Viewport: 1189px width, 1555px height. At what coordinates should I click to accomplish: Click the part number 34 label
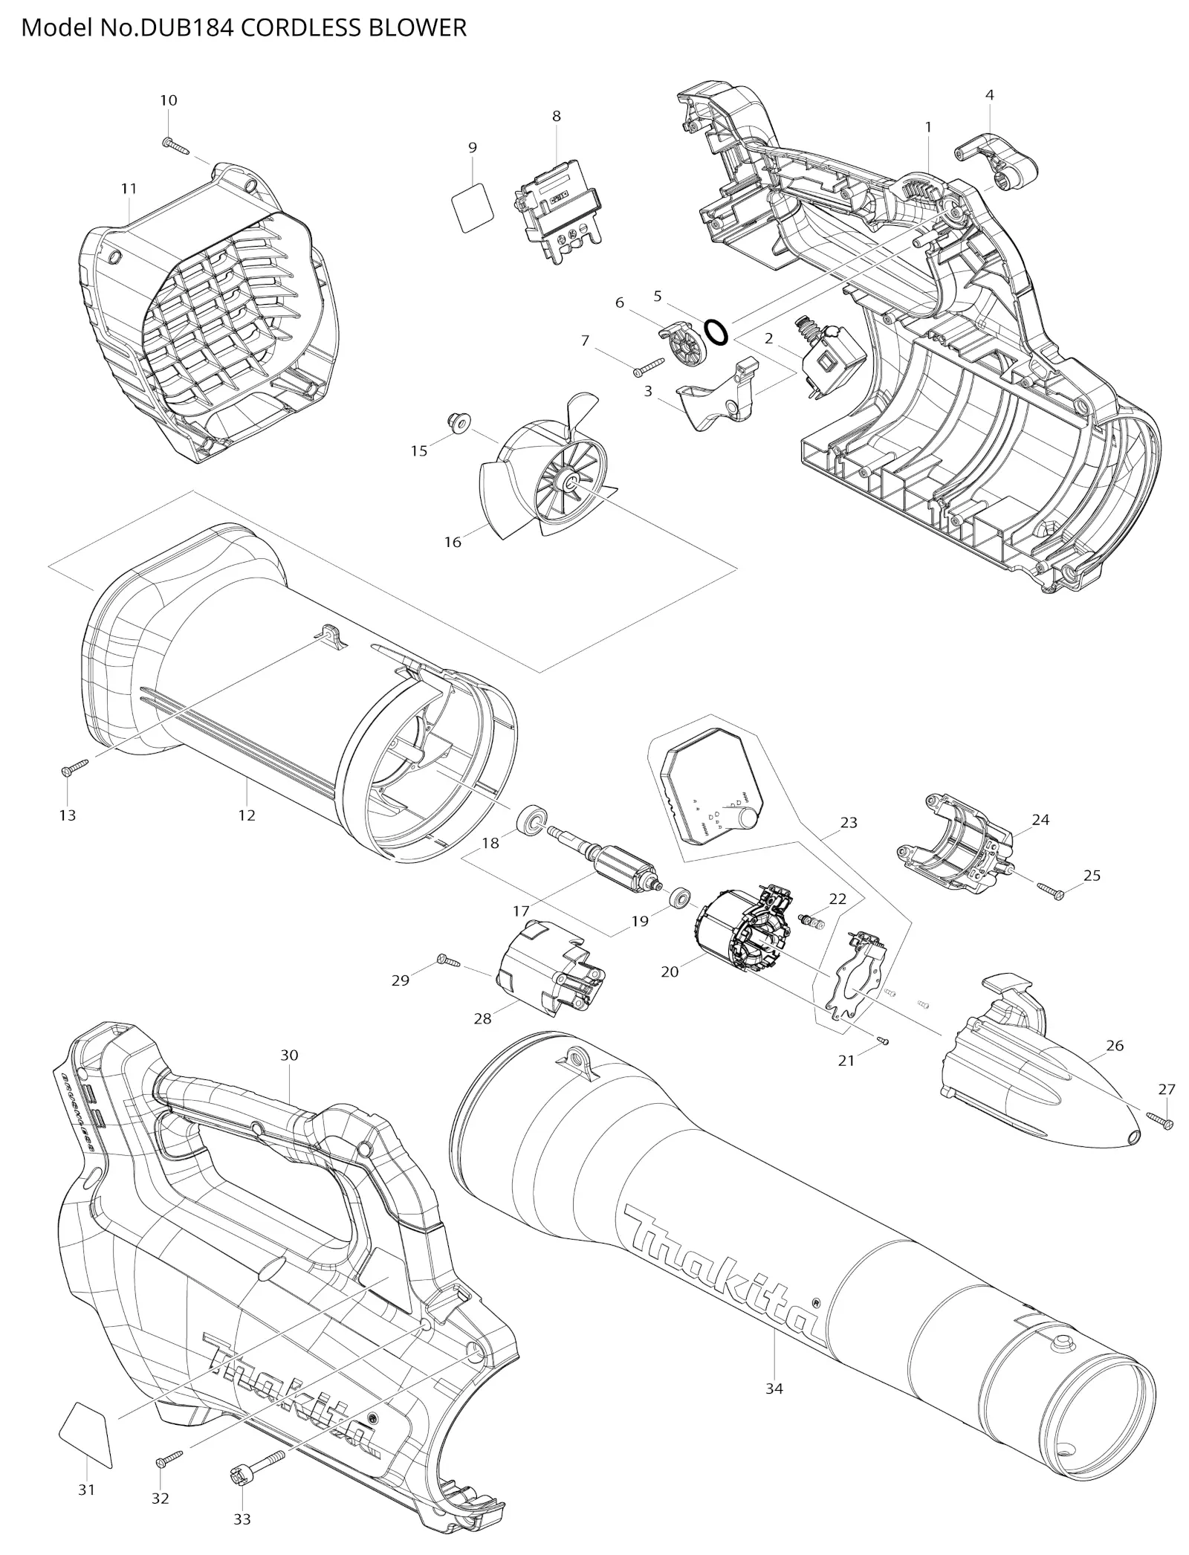(774, 1388)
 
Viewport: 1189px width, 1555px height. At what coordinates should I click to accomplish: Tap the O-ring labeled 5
(716, 332)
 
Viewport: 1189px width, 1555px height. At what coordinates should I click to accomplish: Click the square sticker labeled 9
(472, 207)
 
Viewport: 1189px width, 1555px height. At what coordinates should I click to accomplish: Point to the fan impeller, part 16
(546, 468)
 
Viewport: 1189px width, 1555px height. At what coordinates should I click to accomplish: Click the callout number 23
(849, 822)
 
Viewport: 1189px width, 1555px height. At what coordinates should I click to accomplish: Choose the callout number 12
(247, 815)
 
